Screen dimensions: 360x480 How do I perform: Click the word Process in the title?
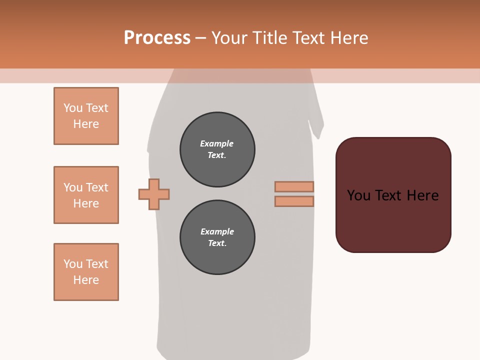(x=157, y=38)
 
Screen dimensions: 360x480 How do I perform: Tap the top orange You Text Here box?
(x=86, y=116)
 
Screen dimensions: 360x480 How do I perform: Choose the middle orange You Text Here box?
(x=86, y=195)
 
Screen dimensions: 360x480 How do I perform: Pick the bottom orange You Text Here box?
(x=86, y=272)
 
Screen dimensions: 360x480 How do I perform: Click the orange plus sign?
(x=154, y=194)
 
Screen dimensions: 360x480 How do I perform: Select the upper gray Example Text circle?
(x=217, y=149)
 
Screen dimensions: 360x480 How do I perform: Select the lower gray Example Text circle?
(x=217, y=237)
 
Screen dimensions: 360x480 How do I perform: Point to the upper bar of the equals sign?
(x=294, y=186)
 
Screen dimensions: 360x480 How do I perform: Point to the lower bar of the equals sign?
(x=294, y=201)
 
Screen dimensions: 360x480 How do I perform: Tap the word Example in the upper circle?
(x=217, y=143)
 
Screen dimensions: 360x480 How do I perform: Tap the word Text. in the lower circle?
(x=217, y=243)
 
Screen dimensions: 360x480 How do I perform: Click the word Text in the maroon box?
(x=390, y=195)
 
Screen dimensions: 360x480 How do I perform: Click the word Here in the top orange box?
(x=86, y=124)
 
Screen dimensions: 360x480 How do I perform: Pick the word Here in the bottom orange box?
(x=86, y=280)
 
